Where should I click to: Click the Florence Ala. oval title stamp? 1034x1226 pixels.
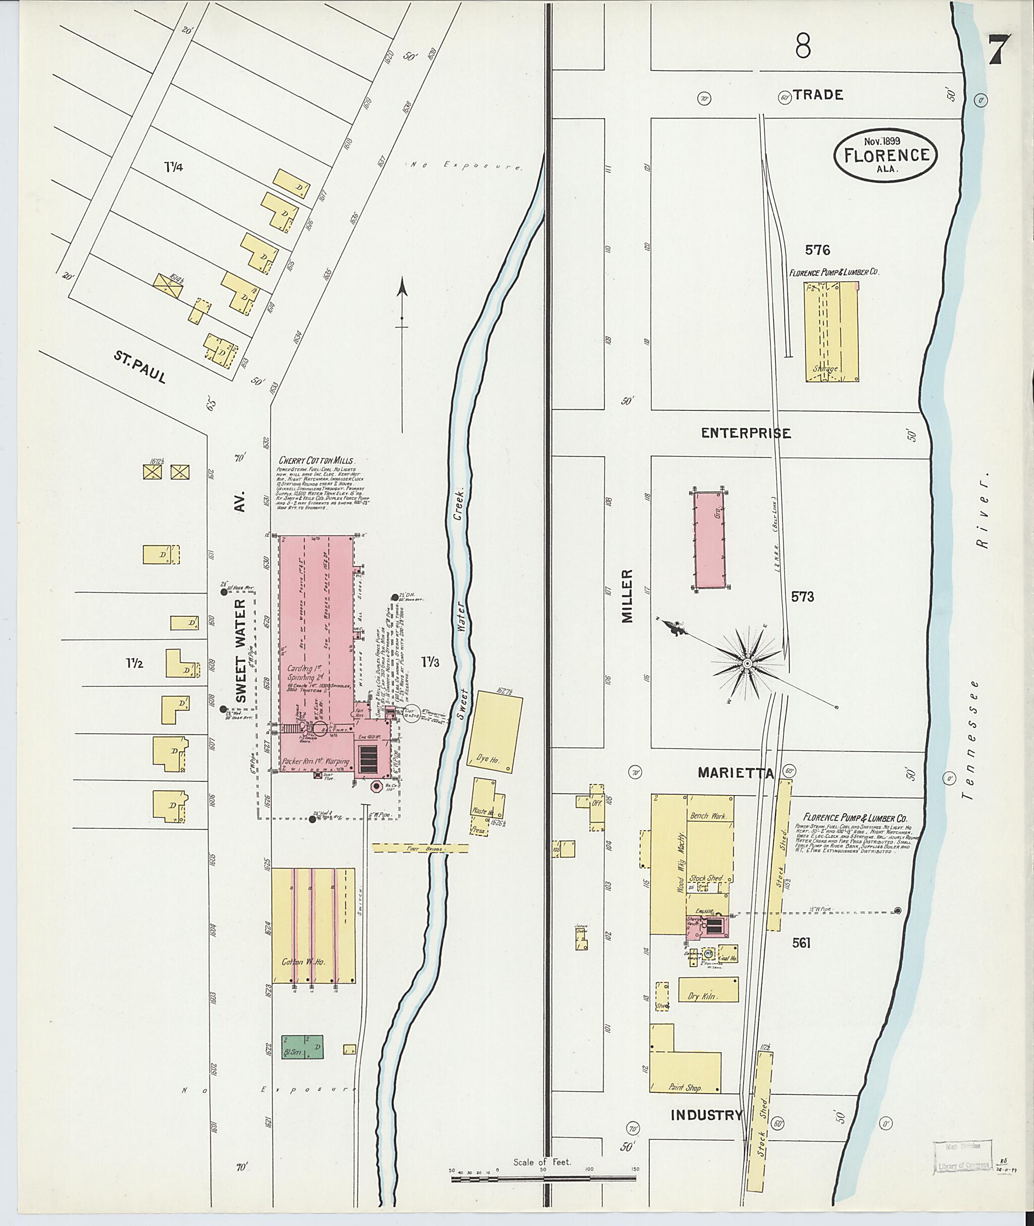tap(886, 154)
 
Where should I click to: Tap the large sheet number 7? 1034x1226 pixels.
tap(998, 50)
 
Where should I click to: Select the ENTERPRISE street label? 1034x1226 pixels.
tap(746, 433)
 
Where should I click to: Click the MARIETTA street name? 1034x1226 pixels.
tap(736, 773)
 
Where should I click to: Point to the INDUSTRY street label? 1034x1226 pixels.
tap(706, 1114)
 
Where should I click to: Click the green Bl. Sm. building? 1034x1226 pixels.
tap(302, 1046)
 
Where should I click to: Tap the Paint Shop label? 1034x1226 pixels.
tap(685, 1087)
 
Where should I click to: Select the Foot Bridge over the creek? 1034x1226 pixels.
tap(420, 848)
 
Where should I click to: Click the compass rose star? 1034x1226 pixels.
tap(747, 663)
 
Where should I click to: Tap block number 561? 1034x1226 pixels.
tap(801, 942)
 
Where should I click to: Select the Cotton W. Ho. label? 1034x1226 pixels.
tap(303, 961)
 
